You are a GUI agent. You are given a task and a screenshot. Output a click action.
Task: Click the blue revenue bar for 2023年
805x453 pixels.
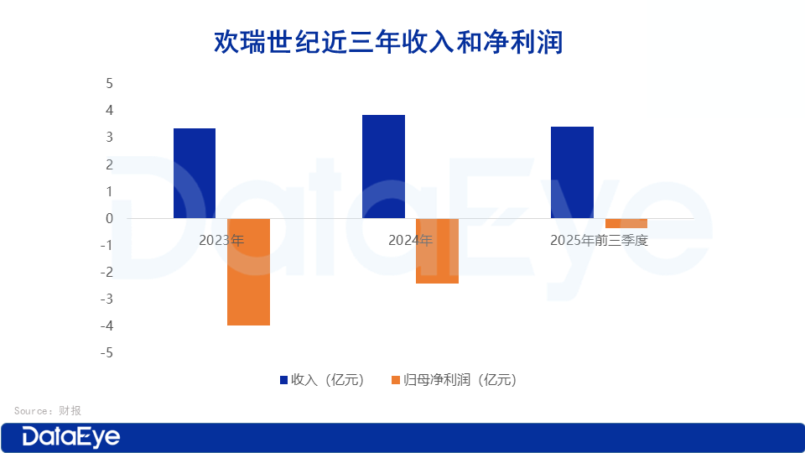coord(195,173)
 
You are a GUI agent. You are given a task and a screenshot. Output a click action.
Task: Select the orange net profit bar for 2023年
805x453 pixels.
coord(248,272)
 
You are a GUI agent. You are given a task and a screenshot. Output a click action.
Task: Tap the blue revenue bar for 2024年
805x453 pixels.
coord(383,166)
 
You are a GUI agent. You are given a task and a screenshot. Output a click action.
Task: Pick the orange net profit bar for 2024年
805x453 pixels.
coord(437,251)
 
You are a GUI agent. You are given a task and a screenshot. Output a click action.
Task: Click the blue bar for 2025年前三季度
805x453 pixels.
coord(572,172)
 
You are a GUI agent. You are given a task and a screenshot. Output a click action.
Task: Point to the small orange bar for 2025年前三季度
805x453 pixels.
coord(626,223)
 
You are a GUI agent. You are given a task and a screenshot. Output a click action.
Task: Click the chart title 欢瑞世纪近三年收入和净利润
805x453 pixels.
coord(388,42)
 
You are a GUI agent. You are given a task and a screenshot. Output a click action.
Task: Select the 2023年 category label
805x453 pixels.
coord(221,240)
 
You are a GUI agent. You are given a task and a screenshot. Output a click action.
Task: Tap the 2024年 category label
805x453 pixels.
coord(410,240)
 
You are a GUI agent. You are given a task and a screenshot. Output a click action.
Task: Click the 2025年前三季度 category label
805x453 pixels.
coord(599,240)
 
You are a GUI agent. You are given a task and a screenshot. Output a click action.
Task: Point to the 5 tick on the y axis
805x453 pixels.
coord(109,84)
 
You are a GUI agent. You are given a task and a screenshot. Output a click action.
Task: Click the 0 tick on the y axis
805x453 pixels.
coord(109,218)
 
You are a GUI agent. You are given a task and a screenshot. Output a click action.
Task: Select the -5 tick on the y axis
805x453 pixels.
coord(106,353)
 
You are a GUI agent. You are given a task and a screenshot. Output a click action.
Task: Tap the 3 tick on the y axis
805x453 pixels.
coord(109,138)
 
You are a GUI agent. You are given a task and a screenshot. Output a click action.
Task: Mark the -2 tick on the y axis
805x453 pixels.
coord(106,273)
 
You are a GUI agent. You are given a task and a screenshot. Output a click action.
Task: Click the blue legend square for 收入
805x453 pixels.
coord(283,380)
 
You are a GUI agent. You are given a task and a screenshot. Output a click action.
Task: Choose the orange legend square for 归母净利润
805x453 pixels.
coord(396,380)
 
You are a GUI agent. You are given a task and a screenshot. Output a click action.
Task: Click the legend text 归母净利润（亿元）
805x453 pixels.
coord(460,380)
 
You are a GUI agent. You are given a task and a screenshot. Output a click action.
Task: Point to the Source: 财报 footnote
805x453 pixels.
coord(48,411)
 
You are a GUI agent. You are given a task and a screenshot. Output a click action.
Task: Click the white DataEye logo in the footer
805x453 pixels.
coord(71,437)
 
